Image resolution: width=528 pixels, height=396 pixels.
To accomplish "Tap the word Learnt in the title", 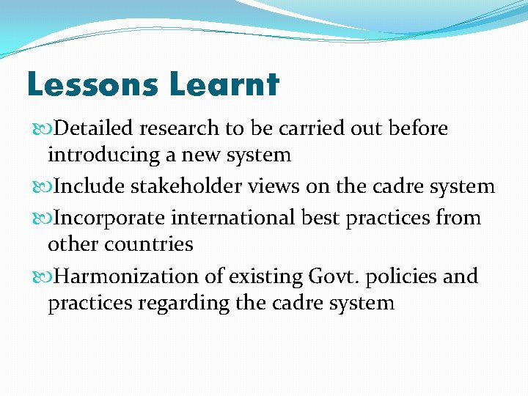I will [x=224, y=85].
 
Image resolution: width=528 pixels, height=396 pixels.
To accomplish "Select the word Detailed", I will [x=95, y=129].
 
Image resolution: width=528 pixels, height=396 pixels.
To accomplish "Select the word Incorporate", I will [x=110, y=219].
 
